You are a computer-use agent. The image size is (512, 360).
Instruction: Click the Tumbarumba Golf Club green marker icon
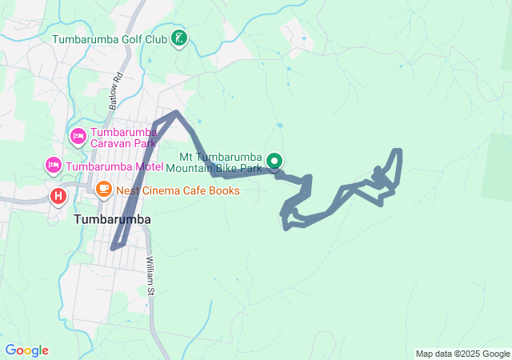pos(180,38)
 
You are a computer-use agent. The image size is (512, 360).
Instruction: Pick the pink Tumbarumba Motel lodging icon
pos(54,166)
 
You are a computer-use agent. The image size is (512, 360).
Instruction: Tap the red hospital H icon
pos(58,194)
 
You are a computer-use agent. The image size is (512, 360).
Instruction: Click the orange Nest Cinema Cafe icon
pos(103,190)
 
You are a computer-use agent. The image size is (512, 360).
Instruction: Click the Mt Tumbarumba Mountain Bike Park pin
pos(274,162)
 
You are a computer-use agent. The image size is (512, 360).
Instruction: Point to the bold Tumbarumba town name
pos(112,218)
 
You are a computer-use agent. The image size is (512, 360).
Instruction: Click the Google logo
pos(26,350)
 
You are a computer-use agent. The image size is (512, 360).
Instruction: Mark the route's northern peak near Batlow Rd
pos(176,113)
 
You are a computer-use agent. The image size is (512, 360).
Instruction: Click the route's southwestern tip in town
pos(113,248)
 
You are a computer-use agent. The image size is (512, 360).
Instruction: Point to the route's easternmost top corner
pos(398,150)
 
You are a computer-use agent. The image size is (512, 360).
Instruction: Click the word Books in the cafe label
pos(225,190)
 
